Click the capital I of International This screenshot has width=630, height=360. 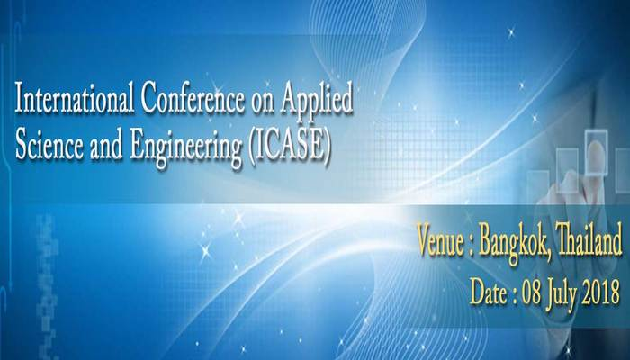(x=19, y=100)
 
